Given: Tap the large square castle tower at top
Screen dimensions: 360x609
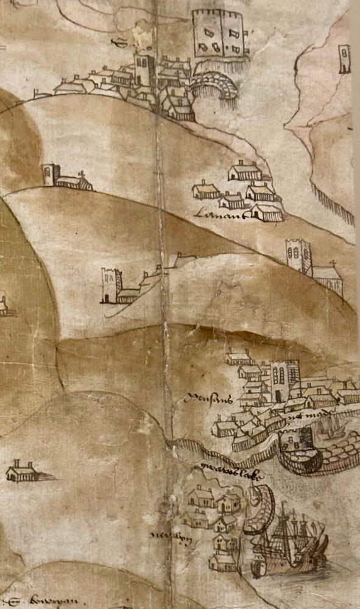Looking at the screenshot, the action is pos(219,35).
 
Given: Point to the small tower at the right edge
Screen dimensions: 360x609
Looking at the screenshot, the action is pos(345,59).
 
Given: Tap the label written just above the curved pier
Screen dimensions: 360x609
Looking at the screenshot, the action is pos(223,469).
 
